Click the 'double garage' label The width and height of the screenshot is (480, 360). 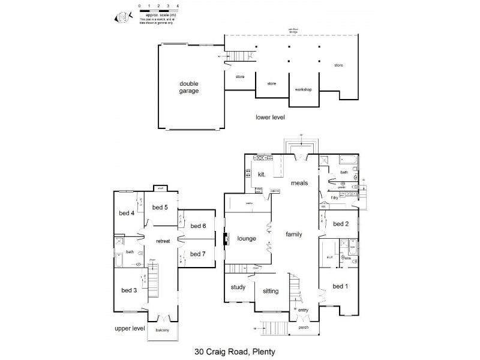(188, 87)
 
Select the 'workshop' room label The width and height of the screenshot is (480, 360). (303, 89)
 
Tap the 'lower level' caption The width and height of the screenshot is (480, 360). (270, 117)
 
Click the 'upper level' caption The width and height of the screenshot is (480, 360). (130, 329)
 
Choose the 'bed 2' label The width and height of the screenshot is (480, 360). (340, 224)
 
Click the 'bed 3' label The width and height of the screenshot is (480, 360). (130, 290)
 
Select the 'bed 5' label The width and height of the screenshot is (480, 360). (160, 208)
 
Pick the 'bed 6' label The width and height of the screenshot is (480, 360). (199, 226)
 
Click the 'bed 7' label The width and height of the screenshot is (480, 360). (199, 254)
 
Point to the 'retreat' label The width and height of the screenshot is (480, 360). (164, 241)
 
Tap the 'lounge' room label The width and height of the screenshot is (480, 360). (246, 238)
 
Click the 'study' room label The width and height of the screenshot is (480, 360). (238, 287)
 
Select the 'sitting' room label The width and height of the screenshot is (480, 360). (271, 291)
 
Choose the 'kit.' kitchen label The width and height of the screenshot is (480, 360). (262, 174)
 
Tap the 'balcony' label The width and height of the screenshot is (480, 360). (162, 330)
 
